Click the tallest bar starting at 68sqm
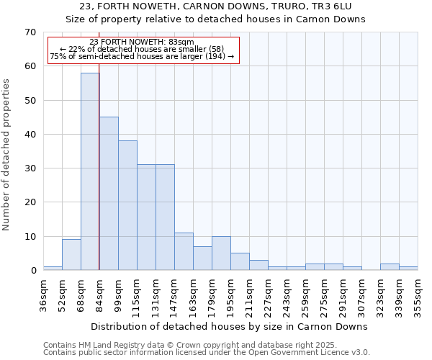click(x=90, y=171)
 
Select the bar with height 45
click(x=109, y=193)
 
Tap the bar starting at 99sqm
click(x=127, y=205)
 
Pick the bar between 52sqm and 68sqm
click(x=71, y=255)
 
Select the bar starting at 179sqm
click(x=221, y=253)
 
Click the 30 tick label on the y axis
click(x=30, y=168)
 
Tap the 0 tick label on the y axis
click(x=32, y=271)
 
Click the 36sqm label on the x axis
click(x=44, y=294)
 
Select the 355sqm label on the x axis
click(x=418, y=296)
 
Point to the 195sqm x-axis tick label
click(x=230, y=296)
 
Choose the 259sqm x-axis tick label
click(x=305, y=296)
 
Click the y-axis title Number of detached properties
click(x=7, y=155)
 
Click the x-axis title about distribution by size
click(x=230, y=326)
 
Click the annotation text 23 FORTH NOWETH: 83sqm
click(x=142, y=42)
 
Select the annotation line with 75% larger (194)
click(x=142, y=56)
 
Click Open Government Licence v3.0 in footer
click(x=310, y=352)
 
